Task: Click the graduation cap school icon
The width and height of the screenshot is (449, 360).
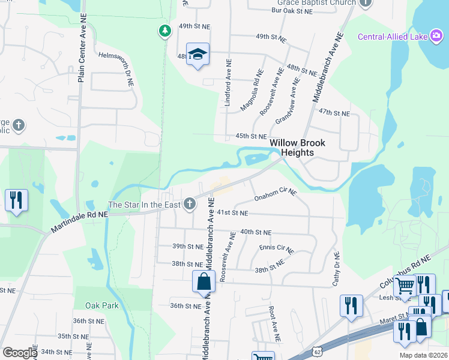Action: [x=197, y=55]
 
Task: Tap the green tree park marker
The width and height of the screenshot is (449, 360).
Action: [x=164, y=30]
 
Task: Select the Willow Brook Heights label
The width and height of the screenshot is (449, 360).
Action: [x=297, y=148]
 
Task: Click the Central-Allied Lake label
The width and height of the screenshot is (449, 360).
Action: [x=392, y=37]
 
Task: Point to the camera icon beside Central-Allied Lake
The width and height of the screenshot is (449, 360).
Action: [x=436, y=37]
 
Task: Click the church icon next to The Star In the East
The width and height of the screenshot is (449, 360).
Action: [x=190, y=205]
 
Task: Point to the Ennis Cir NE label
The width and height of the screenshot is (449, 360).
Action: [x=276, y=248]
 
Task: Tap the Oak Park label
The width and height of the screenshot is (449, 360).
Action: [x=101, y=305]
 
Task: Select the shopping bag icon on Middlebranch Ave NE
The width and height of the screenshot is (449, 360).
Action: [x=203, y=281]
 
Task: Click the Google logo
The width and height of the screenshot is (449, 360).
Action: [x=20, y=353]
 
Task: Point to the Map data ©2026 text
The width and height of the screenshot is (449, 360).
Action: [x=424, y=355]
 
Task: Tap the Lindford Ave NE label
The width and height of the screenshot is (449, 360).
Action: [x=228, y=83]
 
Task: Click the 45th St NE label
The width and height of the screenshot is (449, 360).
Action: [x=250, y=136]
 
